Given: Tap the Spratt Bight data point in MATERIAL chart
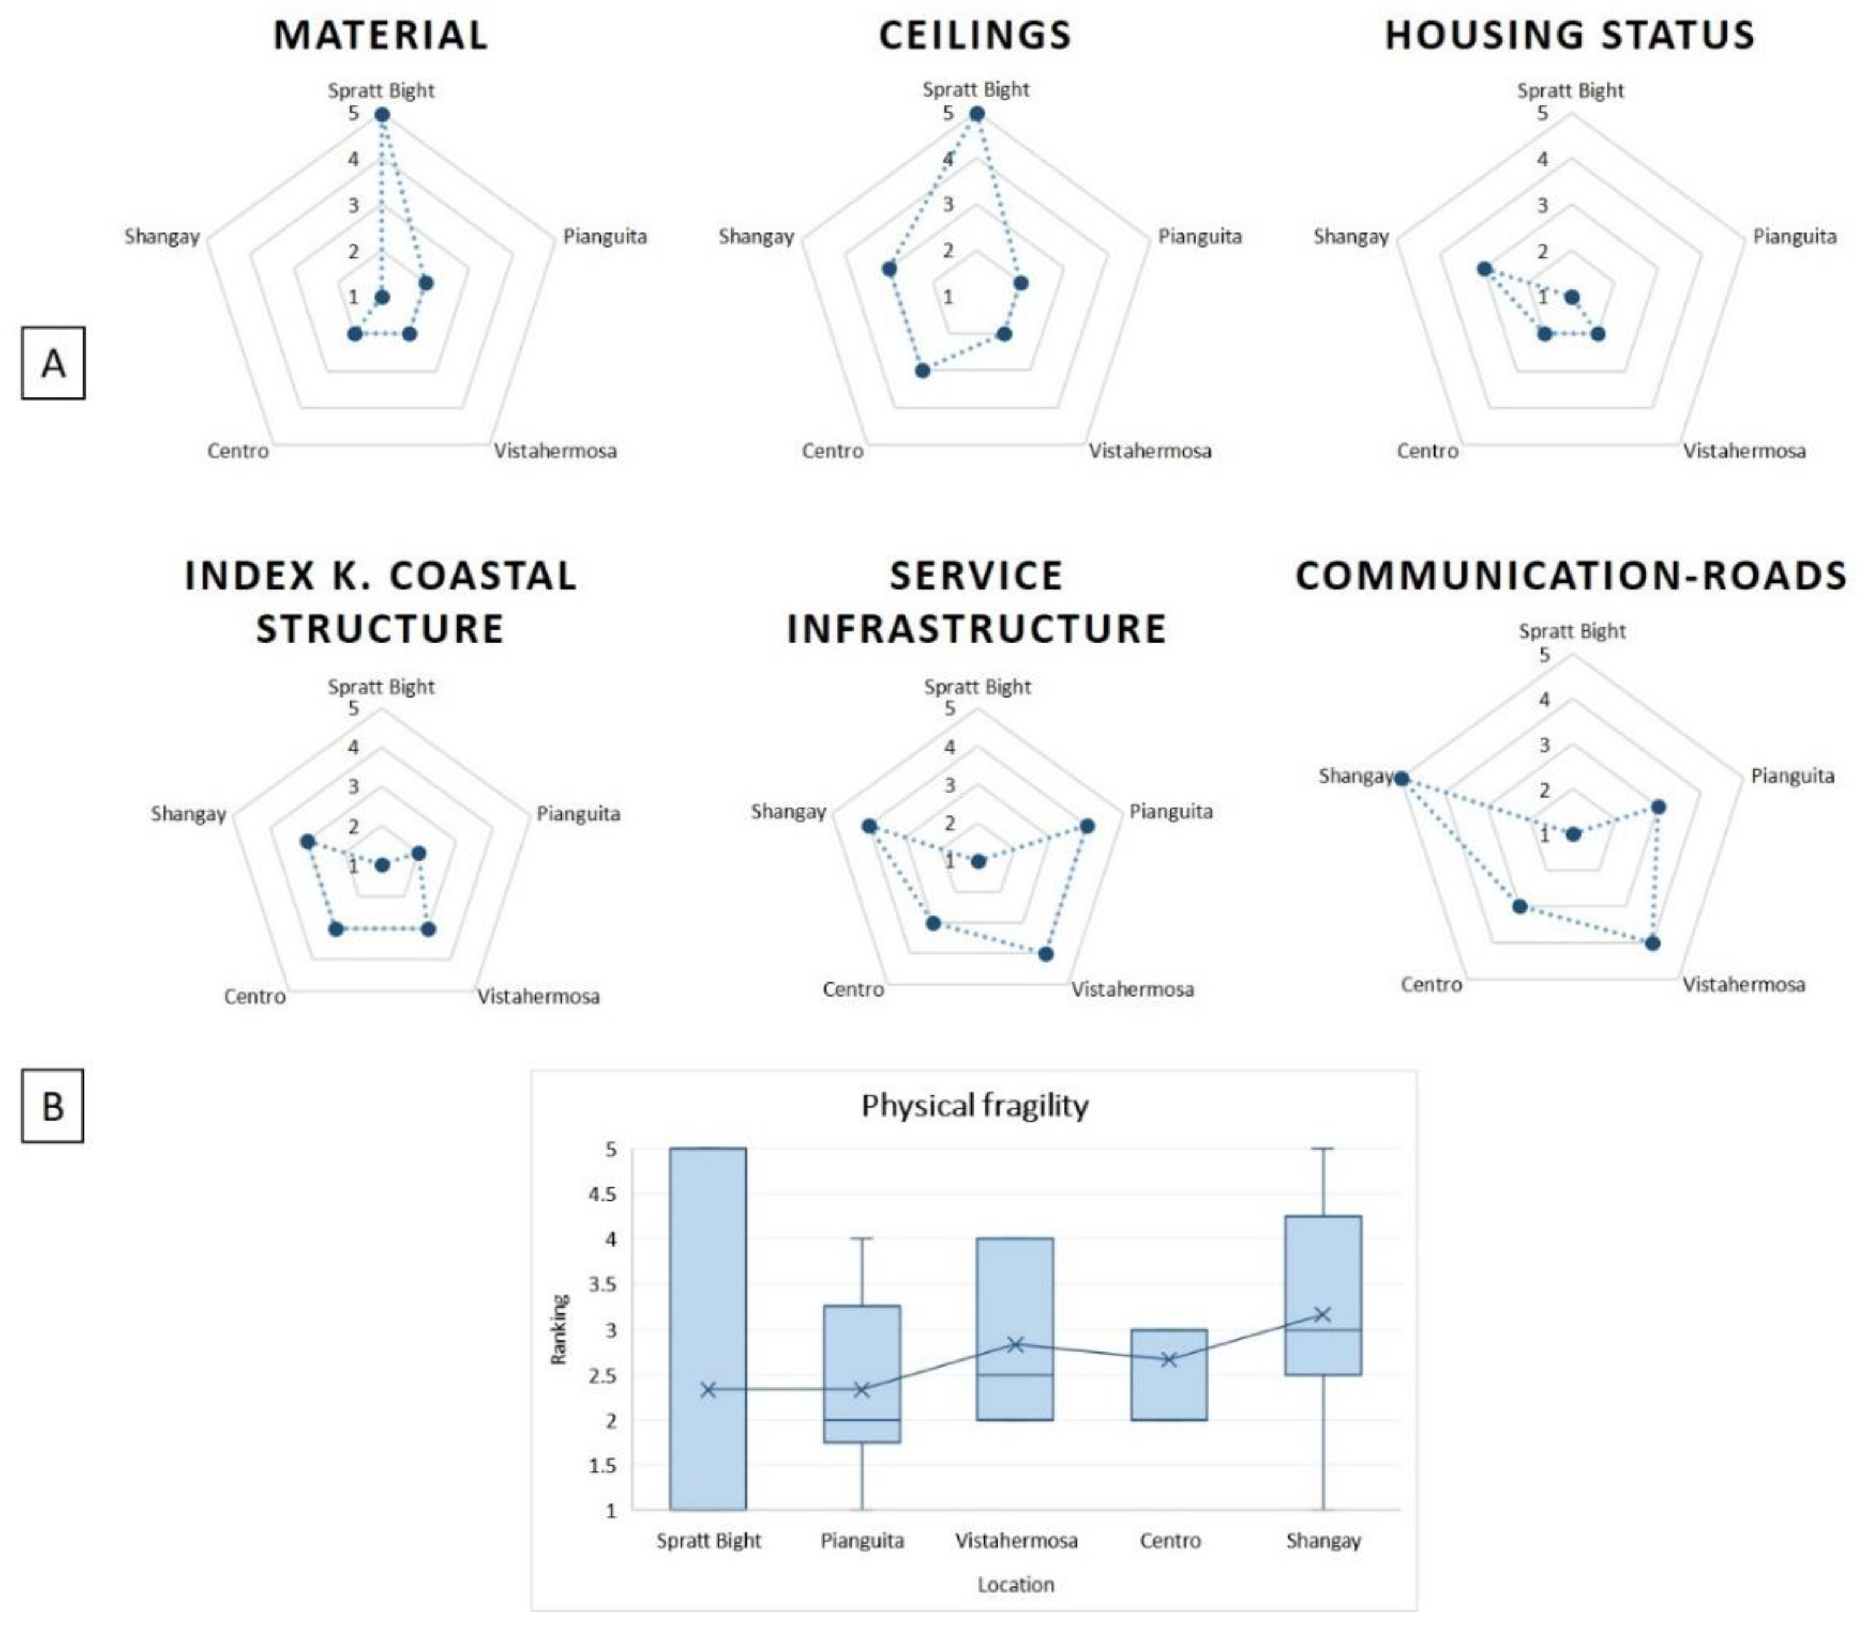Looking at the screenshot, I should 382,114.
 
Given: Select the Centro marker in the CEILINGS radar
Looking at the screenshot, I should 923,370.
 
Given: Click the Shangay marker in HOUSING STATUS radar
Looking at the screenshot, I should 1484,268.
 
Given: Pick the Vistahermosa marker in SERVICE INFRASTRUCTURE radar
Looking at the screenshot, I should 1045,953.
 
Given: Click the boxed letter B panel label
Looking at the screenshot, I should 53,1106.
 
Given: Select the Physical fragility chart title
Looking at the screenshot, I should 974,1105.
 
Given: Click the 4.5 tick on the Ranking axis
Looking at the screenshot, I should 603,1194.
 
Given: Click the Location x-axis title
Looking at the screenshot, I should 1016,1584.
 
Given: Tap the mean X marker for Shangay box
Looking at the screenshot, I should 1322,1314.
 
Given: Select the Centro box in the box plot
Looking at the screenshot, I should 1169,1374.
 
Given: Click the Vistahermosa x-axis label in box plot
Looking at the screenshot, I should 1016,1540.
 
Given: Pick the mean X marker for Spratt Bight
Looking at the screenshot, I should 707,1389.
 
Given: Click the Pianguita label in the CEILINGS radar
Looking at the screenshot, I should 1199,236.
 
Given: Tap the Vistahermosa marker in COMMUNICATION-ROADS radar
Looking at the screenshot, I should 1652,943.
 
